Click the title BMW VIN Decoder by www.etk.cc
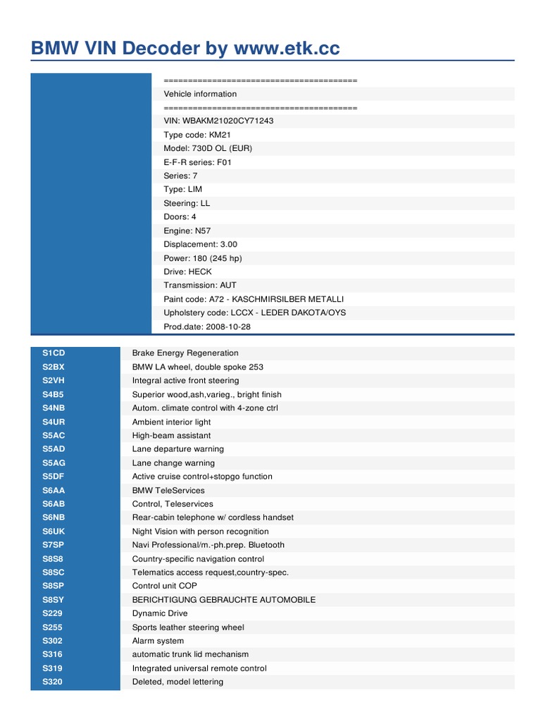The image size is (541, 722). [185, 48]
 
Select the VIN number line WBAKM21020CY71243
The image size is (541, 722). [218, 121]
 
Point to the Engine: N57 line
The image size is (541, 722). [187, 231]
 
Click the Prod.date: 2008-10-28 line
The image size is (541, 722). [207, 326]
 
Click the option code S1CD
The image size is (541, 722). [54, 353]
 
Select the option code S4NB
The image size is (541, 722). [54, 408]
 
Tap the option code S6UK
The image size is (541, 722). [54, 531]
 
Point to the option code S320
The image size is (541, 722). [53, 682]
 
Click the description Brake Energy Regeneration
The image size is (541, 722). [185, 353]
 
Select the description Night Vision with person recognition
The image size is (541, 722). [200, 531]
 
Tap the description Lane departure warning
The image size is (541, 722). [178, 448]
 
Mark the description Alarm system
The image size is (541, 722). [158, 641]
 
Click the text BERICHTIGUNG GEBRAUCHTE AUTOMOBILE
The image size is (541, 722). [223, 599]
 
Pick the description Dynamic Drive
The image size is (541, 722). [160, 613]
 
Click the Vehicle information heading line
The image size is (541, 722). [200, 94]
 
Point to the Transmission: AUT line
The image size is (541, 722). [200, 285]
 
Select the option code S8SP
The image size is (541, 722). [54, 586]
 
